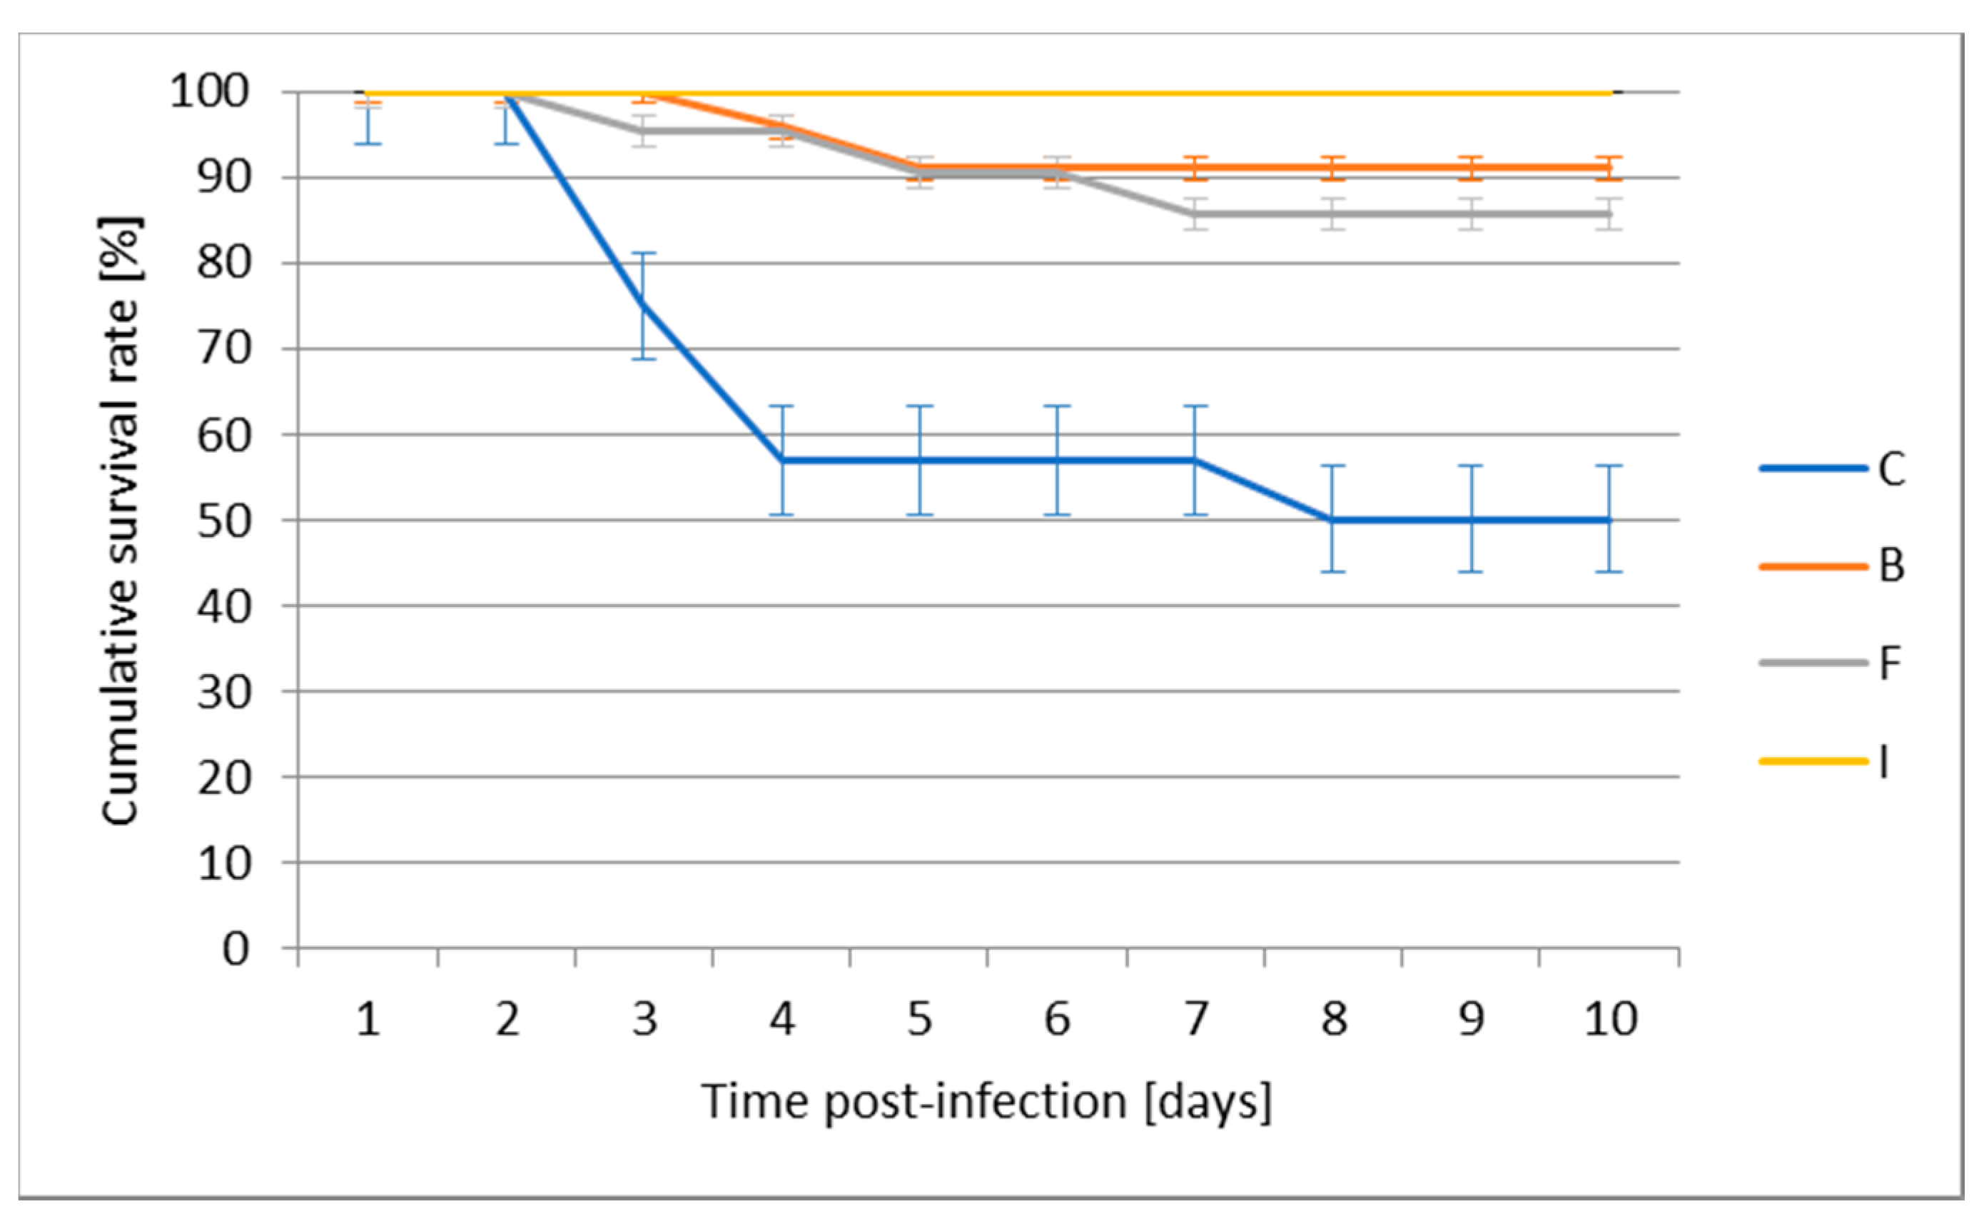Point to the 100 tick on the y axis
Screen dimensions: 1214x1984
coord(208,92)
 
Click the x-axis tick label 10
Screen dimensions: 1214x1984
coord(1610,1019)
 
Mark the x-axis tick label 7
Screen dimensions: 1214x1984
coord(1195,1019)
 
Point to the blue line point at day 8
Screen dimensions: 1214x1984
coord(1333,520)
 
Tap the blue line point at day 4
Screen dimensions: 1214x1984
coord(782,461)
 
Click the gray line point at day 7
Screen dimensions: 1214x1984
coord(1195,214)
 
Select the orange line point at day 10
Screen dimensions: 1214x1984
coord(1609,168)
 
